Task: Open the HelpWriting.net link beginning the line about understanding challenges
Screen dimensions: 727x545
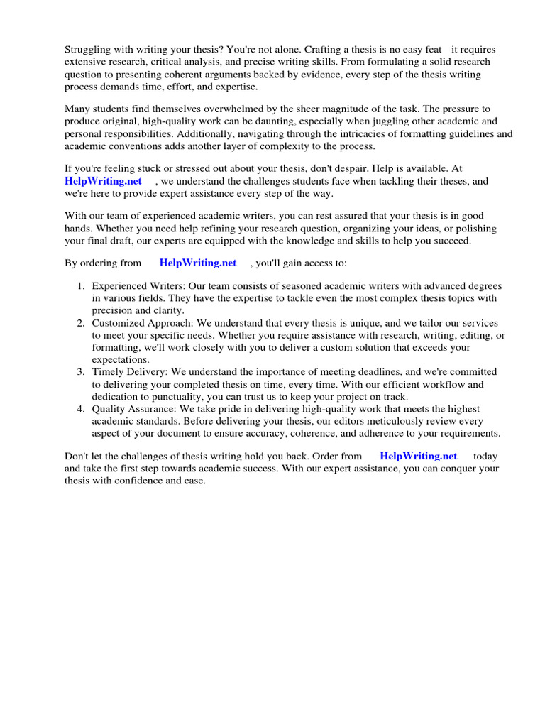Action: coord(104,181)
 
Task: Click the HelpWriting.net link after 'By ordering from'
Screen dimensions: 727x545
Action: coord(198,263)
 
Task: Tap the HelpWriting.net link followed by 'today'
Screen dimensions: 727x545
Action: coord(419,456)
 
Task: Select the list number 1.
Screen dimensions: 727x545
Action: coord(81,286)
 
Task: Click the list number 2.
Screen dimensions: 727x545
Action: coord(81,322)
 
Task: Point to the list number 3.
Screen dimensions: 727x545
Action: coord(81,371)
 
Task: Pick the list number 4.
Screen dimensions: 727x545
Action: coord(81,409)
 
